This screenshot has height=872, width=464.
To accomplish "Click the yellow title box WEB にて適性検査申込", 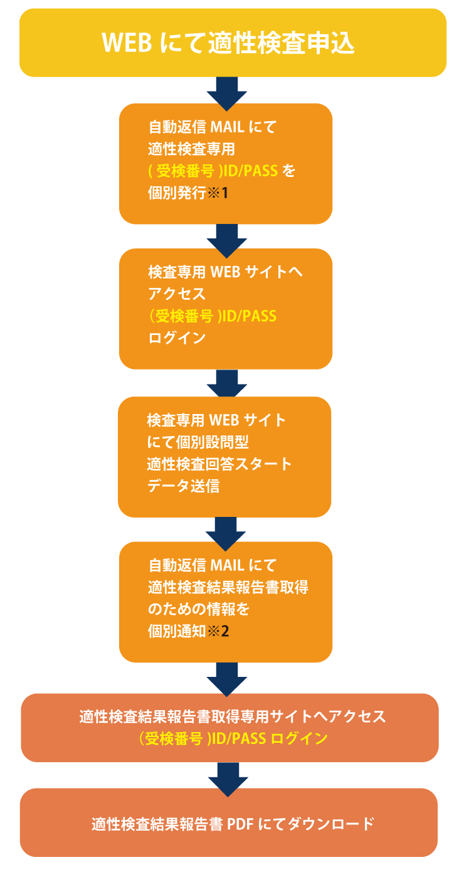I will click(x=232, y=43).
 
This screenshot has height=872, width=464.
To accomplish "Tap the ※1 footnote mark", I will click(x=218, y=192).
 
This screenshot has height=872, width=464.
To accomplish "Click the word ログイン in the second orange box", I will click(x=177, y=338).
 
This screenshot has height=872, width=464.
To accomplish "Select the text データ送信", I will click(x=184, y=486).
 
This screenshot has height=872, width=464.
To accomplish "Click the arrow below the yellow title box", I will click(x=226, y=91).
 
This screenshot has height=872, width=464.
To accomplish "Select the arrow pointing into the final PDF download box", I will click(x=226, y=777).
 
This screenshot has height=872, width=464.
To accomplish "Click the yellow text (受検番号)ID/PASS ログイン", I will click(x=233, y=738).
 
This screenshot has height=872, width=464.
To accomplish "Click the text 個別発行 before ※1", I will click(x=177, y=192).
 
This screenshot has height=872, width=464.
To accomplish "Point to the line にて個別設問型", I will click(x=198, y=442).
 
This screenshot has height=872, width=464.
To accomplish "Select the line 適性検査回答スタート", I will click(x=219, y=464).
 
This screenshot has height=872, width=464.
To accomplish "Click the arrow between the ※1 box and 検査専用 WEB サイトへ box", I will click(x=226, y=238).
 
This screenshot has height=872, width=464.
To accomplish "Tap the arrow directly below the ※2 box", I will click(x=226, y=677).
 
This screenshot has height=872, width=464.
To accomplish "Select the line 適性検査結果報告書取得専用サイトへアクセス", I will click(x=232, y=716).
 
